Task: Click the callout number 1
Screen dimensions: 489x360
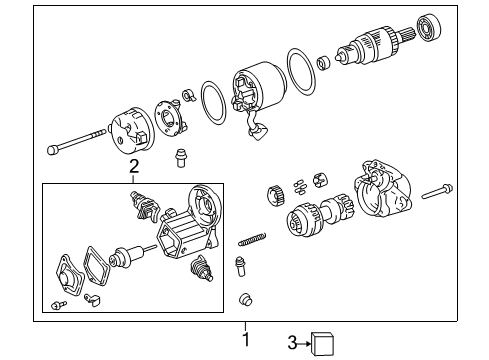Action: coord(246,339)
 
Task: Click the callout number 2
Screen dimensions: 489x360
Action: coord(134,166)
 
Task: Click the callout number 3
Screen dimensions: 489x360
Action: coord(292,343)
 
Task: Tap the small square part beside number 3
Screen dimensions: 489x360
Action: coord(322,344)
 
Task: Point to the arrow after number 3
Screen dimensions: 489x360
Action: coord(304,343)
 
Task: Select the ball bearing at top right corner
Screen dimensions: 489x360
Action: coord(429,27)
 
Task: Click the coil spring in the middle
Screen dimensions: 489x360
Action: coord(252,239)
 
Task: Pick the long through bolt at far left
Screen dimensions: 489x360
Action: coord(76,142)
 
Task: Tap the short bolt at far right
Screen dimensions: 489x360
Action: coord(437,191)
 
